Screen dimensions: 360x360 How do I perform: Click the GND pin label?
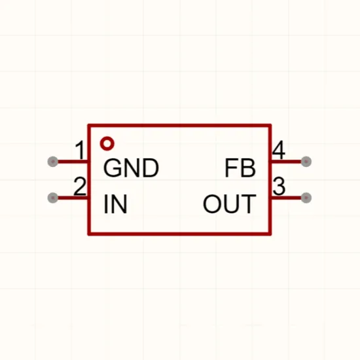coord(131,168)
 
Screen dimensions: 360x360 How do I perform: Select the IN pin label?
coord(115,204)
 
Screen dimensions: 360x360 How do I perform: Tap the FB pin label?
coord(240,168)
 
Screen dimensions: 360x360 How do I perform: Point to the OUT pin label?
coord(230,204)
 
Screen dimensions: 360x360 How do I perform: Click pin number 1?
coord(81,150)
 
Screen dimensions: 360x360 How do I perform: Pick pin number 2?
coord(80,186)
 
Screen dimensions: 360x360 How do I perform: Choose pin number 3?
coord(279,186)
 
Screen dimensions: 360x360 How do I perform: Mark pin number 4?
coord(279,150)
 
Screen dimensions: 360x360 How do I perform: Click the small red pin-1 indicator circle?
coord(107,144)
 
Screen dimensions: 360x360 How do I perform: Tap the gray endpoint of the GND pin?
coord(53,162)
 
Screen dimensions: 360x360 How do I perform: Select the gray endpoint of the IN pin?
coord(53,198)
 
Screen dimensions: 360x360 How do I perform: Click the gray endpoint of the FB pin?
coord(306,162)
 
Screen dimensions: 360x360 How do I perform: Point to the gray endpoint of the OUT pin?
coord(306,198)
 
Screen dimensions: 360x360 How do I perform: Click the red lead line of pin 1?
coord(73,162)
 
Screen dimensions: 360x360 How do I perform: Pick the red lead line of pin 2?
coord(73,198)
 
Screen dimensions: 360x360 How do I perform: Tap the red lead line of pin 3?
coord(286,198)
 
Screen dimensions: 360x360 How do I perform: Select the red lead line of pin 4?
coord(286,162)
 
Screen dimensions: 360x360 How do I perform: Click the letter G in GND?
coord(113,168)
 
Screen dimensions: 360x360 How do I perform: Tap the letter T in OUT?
coord(249,204)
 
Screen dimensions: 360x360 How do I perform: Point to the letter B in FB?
coord(248,168)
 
